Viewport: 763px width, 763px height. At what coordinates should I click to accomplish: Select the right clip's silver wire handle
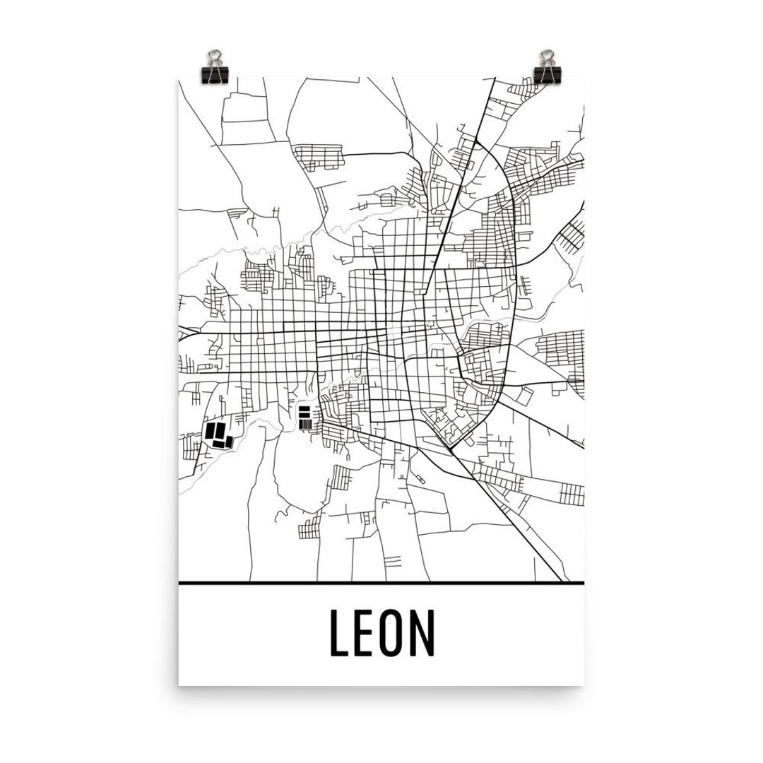(547, 57)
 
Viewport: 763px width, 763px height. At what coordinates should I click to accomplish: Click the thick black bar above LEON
(381, 584)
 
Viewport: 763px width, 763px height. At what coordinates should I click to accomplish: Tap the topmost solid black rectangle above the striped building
(305, 408)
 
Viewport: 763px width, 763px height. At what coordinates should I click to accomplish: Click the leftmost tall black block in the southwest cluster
(210, 431)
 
